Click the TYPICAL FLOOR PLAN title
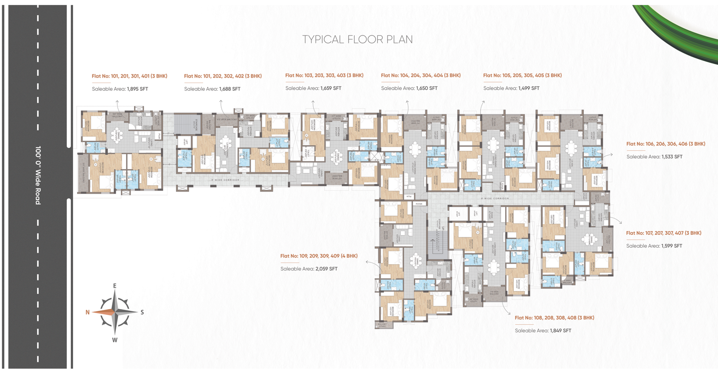[357, 39]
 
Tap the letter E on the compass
[115, 286]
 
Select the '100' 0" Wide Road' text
[38, 175]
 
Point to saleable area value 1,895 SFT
[137, 89]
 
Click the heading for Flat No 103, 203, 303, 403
[324, 75]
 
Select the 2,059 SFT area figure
[326, 269]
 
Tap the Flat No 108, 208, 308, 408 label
[554, 318]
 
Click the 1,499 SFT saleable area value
[529, 88]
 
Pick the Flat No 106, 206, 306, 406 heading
[665, 144]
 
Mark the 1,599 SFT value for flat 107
[671, 246]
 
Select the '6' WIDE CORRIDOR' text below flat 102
[225, 180]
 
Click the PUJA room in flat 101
[158, 135]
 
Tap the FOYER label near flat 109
[419, 204]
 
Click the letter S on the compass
[142, 312]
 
